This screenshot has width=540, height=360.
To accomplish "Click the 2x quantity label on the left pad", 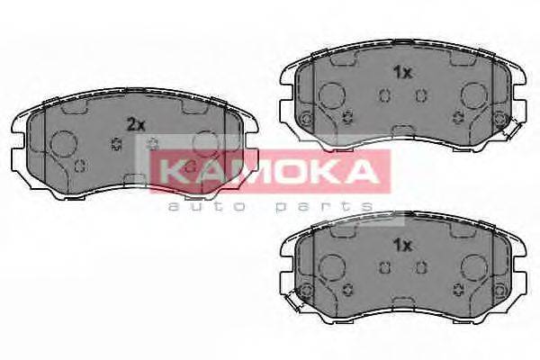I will (x=136, y=126).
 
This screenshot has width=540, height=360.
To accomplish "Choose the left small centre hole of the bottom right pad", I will (x=384, y=265).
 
